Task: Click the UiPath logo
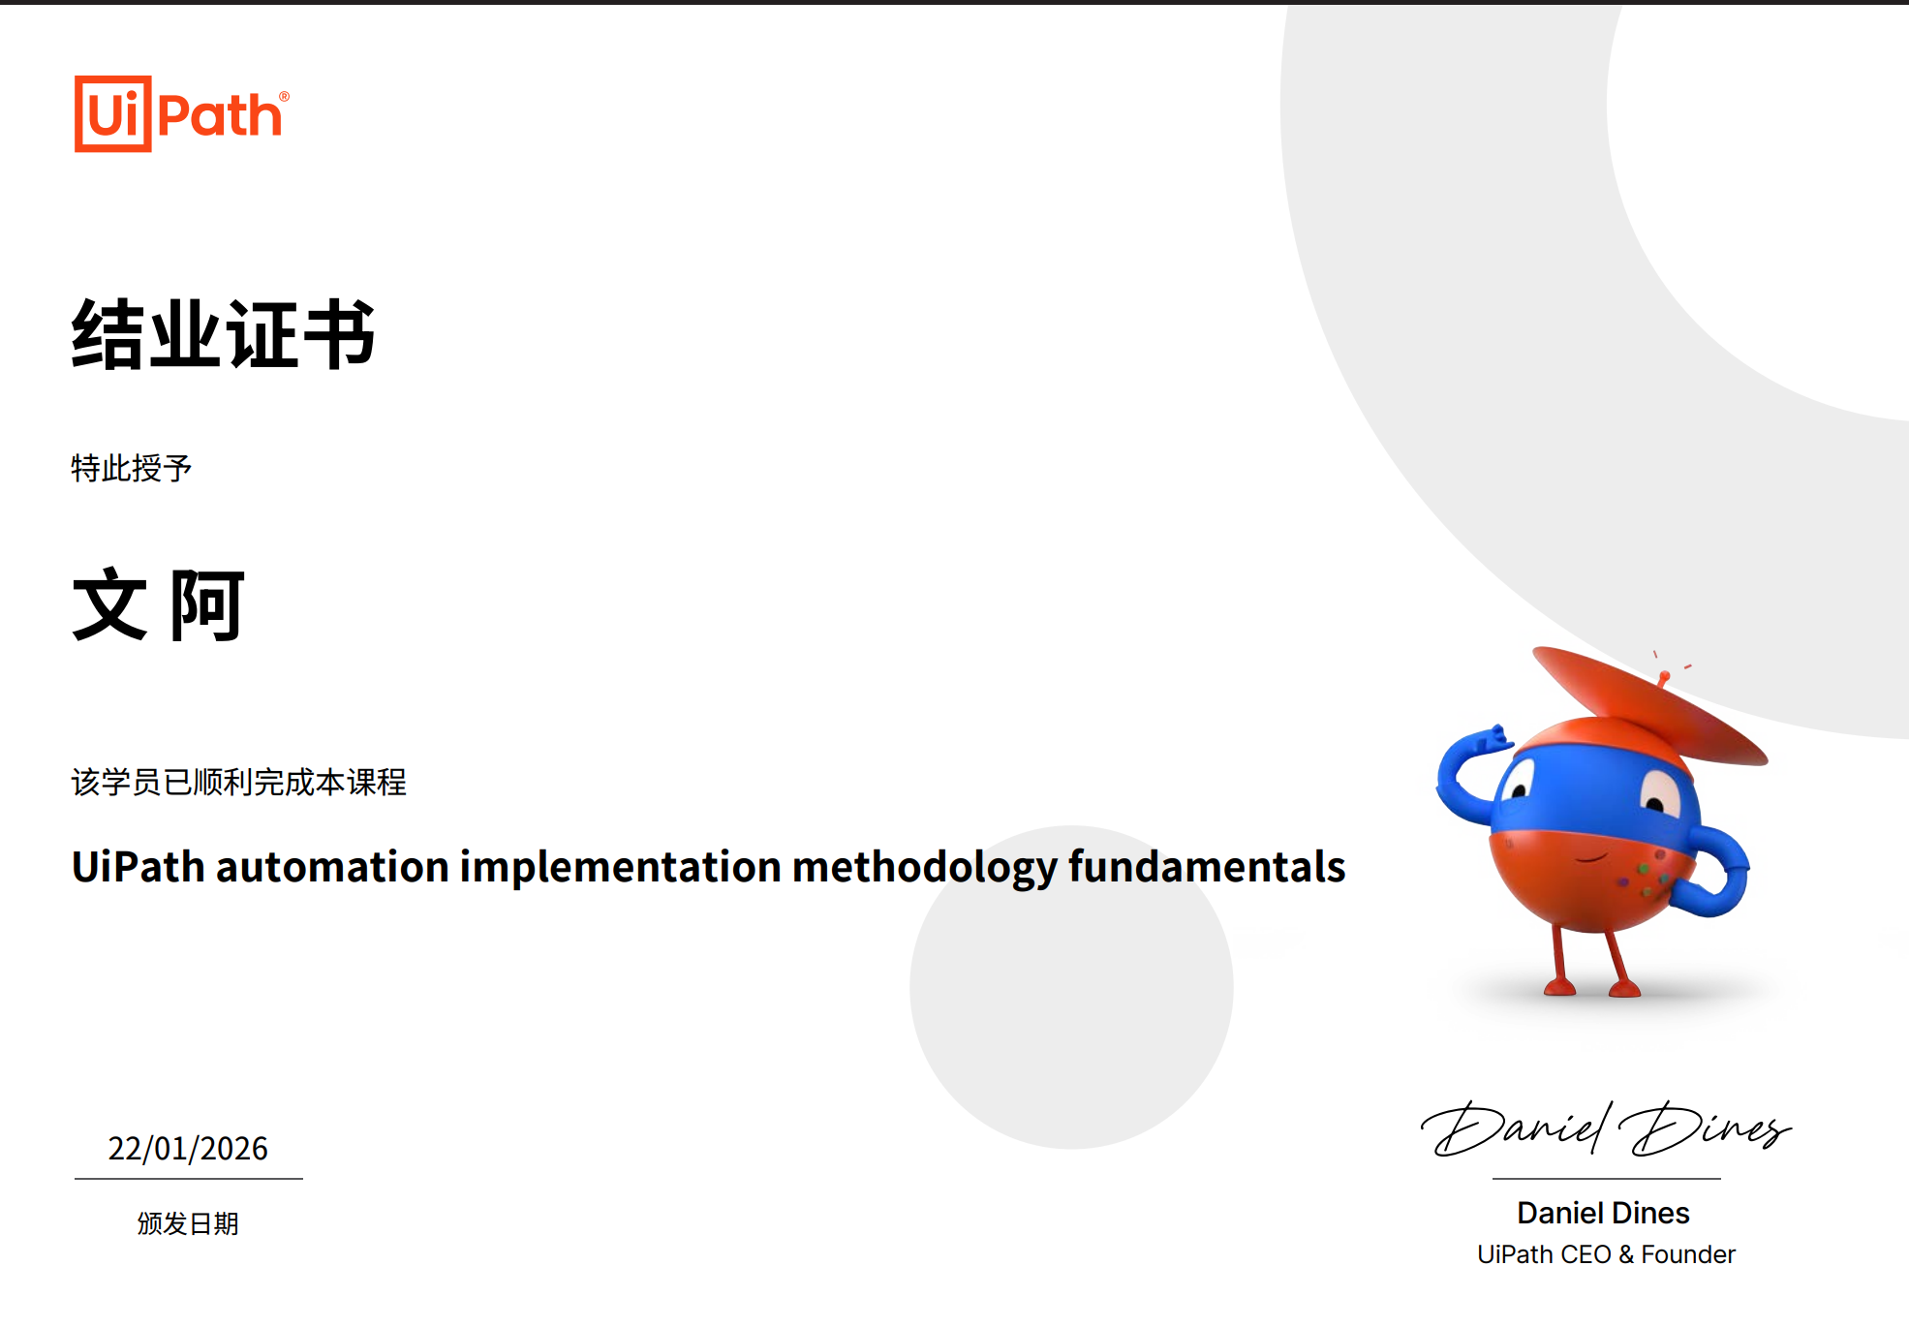(x=182, y=114)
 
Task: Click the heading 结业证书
(x=223, y=334)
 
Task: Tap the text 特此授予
(x=132, y=469)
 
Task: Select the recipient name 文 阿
(x=159, y=605)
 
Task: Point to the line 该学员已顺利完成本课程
(x=239, y=782)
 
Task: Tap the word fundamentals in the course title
(x=1207, y=866)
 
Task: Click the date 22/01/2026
(x=188, y=1149)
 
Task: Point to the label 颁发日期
(x=188, y=1223)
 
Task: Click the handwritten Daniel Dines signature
(x=1606, y=1128)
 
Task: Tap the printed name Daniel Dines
(x=1603, y=1213)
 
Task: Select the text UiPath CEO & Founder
(x=1606, y=1254)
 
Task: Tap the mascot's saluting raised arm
(x=1468, y=775)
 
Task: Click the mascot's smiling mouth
(x=1590, y=857)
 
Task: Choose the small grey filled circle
(x=1071, y=987)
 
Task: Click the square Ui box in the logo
(x=113, y=114)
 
